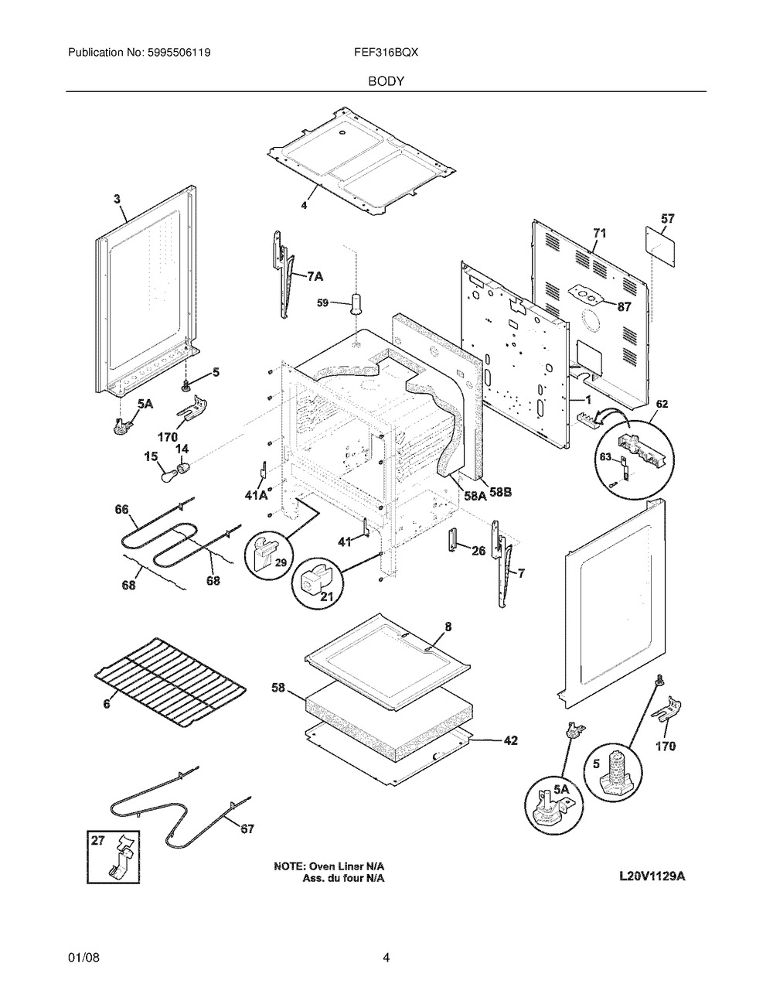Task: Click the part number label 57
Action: click(x=668, y=219)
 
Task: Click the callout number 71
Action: click(x=600, y=232)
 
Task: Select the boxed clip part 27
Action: click(x=113, y=856)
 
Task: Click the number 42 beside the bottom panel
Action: click(x=510, y=740)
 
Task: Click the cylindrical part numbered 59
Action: click(x=357, y=302)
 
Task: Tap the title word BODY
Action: click(x=386, y=80)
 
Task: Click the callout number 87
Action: click(x=624, y=306)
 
